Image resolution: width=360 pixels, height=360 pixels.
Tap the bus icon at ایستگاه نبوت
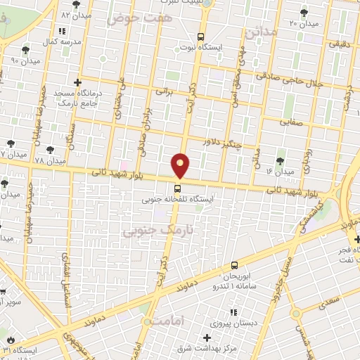[200, 37]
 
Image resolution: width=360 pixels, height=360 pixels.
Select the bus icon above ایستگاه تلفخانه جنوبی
[177, 188]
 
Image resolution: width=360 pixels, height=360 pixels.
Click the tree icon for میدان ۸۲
[76, 5]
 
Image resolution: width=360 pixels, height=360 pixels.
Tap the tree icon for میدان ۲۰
[304, 12]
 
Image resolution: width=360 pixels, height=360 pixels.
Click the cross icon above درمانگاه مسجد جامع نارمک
[78, 83]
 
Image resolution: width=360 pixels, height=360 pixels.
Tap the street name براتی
[164, 91]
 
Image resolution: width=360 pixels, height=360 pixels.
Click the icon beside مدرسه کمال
[62, 31]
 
